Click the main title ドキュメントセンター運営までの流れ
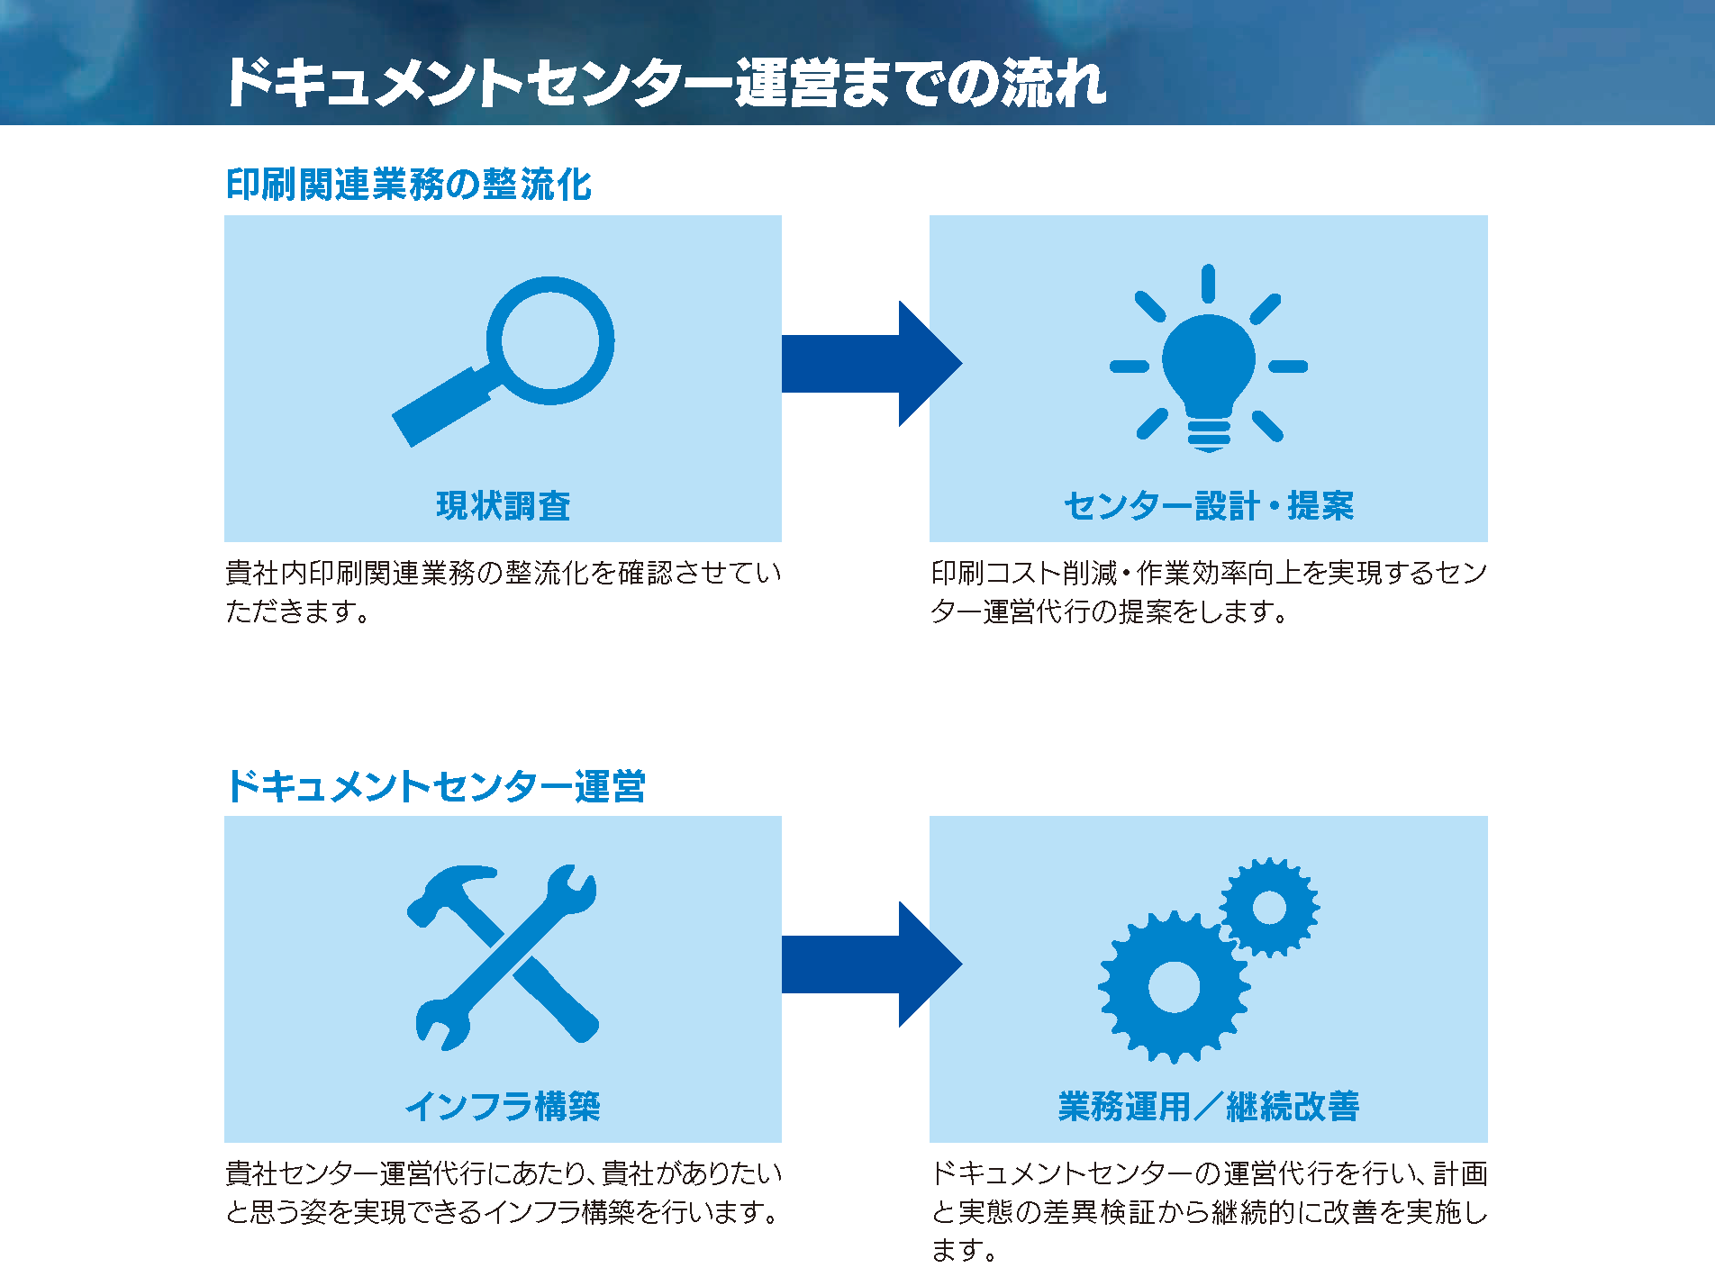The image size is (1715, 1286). pyautogui.click(x=666, y=83)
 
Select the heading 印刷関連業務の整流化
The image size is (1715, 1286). pyautogui.click(x=409, y=185)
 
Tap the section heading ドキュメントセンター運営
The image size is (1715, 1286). pyautogui.click(x=436, y=786)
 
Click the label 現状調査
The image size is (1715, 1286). pyautogui.click(x=504, y=505)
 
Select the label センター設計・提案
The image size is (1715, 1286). pyautogui.click(x=1209, y=505)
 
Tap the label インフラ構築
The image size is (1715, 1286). pyautogui.click(x=503, y=1106)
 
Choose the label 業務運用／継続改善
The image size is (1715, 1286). pyautogui.click(x=1209, y=1106)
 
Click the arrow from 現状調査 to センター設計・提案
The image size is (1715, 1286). pyautogui.click(x=872, y=364)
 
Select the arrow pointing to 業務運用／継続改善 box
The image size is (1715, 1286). pyautogui.click(x=872, y=964)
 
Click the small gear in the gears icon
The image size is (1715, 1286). pyautogui.click(x=1269, y=907)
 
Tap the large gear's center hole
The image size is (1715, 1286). pyautogui.click(x=1174, y=987)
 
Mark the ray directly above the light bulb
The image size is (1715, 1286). pyautogui.click(x=1208, y=283)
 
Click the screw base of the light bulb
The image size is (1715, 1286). pyautogui.click(x=1209, y=436)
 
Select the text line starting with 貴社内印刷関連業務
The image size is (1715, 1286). pyautogui.click(x=504, y=573)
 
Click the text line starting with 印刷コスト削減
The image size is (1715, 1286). pyautogui.click(x=1209, y=573)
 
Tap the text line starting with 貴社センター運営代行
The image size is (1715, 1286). pyautogui.click(x=504, y=1173)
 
